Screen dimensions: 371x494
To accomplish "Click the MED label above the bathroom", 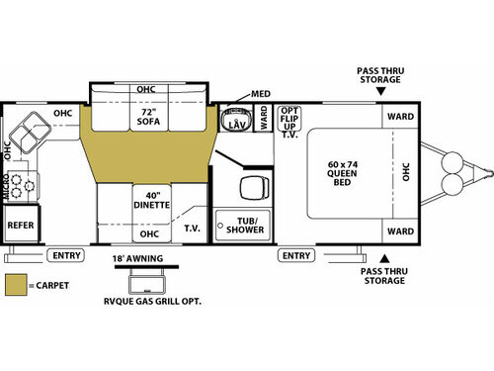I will click(260, 94).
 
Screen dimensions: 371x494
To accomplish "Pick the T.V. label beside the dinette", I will click(192, 228).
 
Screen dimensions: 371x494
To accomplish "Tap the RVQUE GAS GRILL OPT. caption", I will click(153, 302).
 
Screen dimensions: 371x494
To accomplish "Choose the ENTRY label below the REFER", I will click(66, 255).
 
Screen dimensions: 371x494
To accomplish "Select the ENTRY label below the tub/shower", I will click(296, 255).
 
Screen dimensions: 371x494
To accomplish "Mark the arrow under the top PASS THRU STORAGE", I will click(380, 91).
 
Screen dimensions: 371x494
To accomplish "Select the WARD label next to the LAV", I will click(264, 120).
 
